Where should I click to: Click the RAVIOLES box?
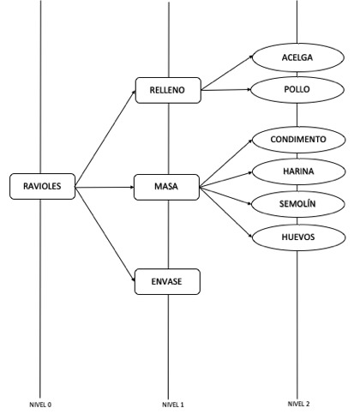coord(43,186)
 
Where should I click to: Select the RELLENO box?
coord(168,90)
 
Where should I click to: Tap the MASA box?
coord(166,187)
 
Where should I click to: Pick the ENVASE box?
coord(167,282)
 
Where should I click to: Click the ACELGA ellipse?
coord(297,57)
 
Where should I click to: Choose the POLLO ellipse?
coord(297,90)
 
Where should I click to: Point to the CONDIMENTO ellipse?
coord(298,140)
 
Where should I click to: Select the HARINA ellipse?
coord(298,171)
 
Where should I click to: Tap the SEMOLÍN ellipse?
coord(297,204)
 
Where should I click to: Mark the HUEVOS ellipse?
coord(298,237)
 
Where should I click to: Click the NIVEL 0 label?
coord(40,405)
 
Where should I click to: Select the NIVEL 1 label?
coord(173,405)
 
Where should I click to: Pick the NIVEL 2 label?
coord(298,404)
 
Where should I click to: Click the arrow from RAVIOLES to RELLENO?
coord(105,139)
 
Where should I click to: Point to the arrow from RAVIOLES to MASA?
coord(105,187)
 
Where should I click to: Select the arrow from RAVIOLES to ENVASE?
coord(105,234)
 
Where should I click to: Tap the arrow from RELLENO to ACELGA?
coord(227,73)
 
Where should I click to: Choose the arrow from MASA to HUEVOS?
coord(226,213)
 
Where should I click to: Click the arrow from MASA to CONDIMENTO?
coord(226,164)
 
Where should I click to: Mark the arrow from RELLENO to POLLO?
coord(226,90)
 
